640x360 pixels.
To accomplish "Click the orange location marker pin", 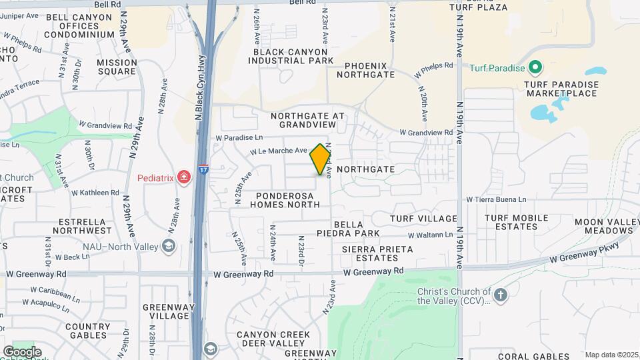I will point(320,159).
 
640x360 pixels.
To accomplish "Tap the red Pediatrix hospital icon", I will point(184,177).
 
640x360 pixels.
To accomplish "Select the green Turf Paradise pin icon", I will point(534,67).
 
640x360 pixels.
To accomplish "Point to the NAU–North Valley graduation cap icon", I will point(169,247).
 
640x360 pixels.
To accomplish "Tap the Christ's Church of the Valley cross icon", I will point(501,293).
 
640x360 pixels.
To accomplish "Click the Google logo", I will point(22,352).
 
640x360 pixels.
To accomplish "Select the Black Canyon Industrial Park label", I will point(291,56).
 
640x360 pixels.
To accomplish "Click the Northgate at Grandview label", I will point(308,120).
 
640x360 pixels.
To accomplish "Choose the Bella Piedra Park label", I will point(357,229).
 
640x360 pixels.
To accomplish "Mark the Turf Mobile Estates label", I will point(516,222).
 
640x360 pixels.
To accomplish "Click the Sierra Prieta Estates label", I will point(377,253).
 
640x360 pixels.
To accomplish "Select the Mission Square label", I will point(117,67).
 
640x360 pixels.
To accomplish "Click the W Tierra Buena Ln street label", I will point(496,199).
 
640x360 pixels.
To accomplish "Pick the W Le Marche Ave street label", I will point(279,151).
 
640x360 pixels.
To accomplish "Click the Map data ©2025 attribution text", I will point(611,355).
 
